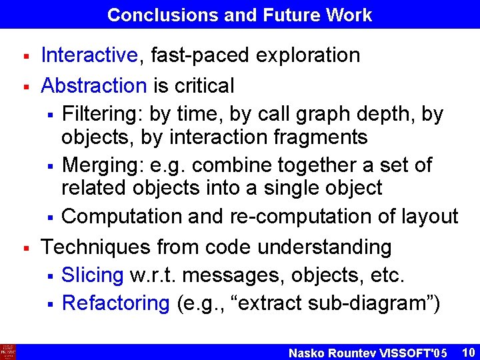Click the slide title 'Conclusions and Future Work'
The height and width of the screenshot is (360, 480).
(x=239, y=15)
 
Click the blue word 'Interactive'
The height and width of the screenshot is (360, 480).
(x=89, y=55)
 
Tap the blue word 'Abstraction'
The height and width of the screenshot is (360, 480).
(x=93, y=85)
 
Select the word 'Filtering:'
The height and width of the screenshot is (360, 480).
(x=102, y=115)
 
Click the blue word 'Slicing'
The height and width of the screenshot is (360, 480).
(x=93, y=275)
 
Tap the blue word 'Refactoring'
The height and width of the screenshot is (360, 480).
(x=116, y=303)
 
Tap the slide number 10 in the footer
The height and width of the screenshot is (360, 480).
(x=467, y=351)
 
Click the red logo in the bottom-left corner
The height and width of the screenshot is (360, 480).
(x=8, y=351)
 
